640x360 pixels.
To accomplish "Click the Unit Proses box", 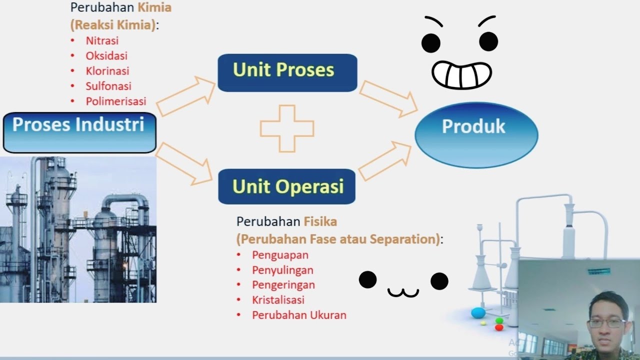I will [287, 72].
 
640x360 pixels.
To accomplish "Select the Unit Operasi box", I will [287, 186].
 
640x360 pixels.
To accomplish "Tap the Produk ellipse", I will [476, 135].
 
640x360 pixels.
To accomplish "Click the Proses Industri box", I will [79, 132].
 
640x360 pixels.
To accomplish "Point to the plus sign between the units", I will [287, 128].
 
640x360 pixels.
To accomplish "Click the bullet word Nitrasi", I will [102, 40].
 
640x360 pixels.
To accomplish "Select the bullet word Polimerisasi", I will [116, 101].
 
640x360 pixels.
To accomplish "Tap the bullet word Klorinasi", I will [107, 71].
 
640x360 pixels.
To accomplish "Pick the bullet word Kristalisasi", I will [278, 300].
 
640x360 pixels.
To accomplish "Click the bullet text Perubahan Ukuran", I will [299, 315].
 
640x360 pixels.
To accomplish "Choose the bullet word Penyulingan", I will [282, 270].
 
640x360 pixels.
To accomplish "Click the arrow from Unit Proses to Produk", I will [388, 98].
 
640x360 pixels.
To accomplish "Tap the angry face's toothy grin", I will [461, 75].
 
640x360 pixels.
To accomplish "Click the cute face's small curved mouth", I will [403, 292].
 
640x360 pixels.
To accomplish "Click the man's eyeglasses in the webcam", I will [605, 323].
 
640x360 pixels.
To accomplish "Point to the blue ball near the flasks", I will [478, 313].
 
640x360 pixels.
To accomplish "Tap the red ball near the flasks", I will [498, 327].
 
